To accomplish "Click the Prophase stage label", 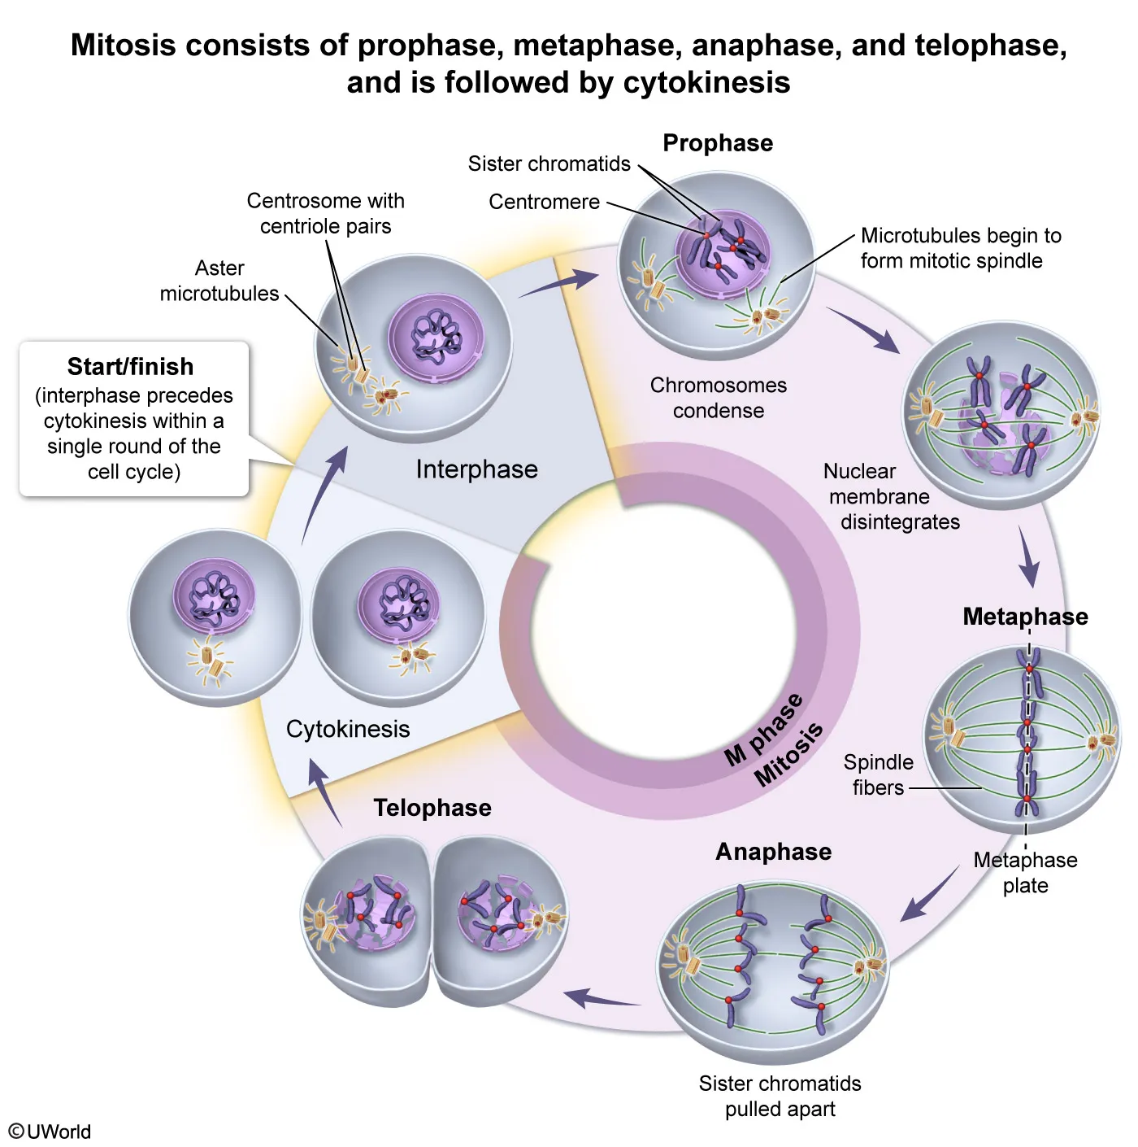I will (x=718, y=143).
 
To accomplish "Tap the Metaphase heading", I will (x=1025, y=617).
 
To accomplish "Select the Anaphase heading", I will (x=773, y=852).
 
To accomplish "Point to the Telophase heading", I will (x=432, y=808).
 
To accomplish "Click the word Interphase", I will (x=476, y=469).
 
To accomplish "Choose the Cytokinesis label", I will (x=348, y=729).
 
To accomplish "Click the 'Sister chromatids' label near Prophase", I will (x=549, y=164).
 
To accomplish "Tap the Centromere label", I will (x=544, y=202).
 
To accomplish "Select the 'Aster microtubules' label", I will (x=219, y=281).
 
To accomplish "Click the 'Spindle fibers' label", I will (x=878, y=774).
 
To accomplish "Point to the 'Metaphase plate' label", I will (x=1025, y=872).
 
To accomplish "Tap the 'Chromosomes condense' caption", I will (x=719, y=398).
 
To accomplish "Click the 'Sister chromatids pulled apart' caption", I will (x=780, y=1096).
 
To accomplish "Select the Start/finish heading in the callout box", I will (x=130, y=367).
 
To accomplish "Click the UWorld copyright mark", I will (x=50, y=1132).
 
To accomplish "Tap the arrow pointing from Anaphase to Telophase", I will (x=602, y=998).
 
